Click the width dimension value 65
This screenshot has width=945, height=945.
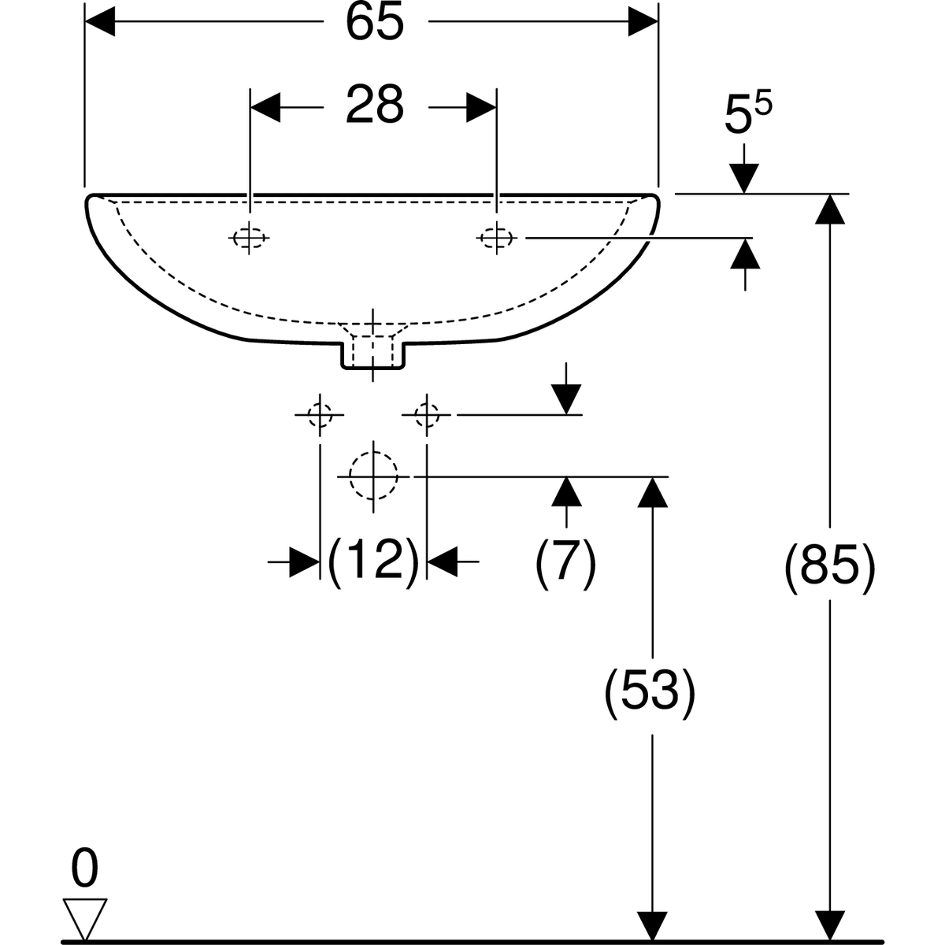[374, 23]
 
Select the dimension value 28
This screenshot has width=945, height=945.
[374, 106]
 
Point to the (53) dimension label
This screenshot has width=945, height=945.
[650, 691]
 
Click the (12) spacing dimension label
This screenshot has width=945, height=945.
[373, 561]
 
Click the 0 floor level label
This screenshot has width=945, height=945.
[84, 869]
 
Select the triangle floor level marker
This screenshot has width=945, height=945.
[84, 917]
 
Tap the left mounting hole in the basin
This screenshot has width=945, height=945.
[250, 237]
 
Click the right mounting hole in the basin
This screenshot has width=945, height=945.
[496, 237]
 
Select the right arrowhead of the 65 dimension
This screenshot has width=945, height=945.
[642, 24]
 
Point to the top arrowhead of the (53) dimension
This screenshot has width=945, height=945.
[650, 491]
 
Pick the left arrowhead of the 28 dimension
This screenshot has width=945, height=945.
[265, 107]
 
